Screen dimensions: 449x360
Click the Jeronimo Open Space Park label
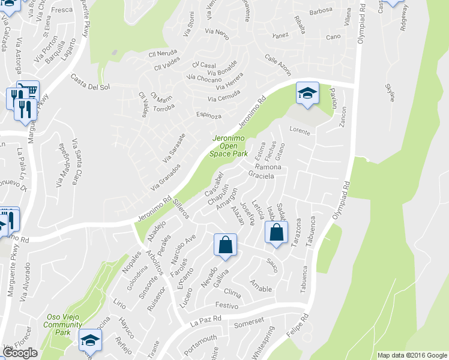pos(228,146)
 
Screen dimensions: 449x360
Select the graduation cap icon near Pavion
pos(307,93)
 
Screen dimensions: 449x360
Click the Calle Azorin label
pos(278,65)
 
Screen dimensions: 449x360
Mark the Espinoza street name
pos(208,115)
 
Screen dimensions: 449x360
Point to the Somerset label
pos(249,323)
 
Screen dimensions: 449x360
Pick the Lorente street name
pos(300,130)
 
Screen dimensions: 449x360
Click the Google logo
pos(20,353)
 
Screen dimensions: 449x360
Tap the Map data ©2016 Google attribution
pos(411,355)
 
